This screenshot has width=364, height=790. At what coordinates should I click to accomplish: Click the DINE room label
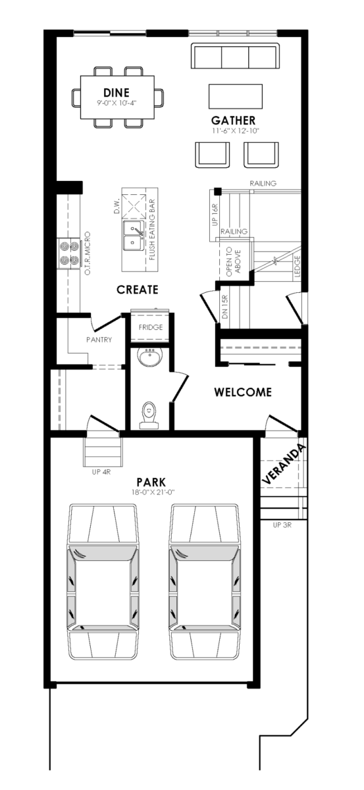click(x=117, y=92)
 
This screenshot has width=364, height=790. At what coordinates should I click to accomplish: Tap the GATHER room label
click(x=233, y=120)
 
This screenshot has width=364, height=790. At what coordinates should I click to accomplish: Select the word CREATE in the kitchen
click(x=137, y=290)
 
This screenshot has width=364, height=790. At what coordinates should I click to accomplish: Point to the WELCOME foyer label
click(x=243, y=392)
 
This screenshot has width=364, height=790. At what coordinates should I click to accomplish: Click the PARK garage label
click(x=151, y=482)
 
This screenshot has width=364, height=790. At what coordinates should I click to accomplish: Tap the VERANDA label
click(x=284, y=463)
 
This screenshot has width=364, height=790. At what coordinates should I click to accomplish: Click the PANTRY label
click(x=99, y=340)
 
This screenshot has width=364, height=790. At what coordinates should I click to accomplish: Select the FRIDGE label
click(x=151, y=327)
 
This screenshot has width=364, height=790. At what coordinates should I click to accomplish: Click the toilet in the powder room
click(x=149, y=415)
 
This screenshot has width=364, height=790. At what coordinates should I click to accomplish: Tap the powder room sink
click(x=150, y=357)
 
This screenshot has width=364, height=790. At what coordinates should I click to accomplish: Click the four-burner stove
click(x=68, y=253)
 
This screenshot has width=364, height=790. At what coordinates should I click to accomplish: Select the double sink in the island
click(x=132, y=235)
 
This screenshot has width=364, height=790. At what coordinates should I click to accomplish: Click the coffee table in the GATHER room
click(x=236, y=96)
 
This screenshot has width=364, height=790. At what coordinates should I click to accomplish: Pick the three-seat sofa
click(x=235, y=56)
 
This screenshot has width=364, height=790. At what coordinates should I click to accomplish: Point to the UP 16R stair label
click(x=215, y=215)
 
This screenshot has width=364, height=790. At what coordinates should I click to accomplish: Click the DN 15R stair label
click(x=225, y=307)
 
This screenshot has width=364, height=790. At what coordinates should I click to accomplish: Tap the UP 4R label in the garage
click(x=101, y=472)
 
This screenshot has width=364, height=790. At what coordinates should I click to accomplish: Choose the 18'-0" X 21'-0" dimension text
click(x=153, y=492)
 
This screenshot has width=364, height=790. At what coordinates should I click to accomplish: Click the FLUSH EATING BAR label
click(x=152, y=230)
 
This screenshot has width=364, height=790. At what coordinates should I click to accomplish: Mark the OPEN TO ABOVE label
click(x=233, y=261)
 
